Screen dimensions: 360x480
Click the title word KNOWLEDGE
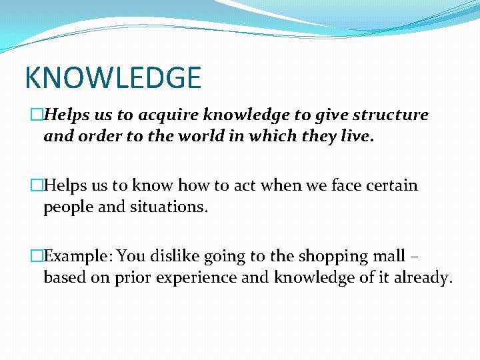(112, 78)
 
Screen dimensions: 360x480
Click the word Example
(73, 257)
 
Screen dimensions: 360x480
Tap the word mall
(389, 256)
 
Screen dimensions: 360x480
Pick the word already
(421, 278)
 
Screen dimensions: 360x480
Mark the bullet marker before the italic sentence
(37, 115)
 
